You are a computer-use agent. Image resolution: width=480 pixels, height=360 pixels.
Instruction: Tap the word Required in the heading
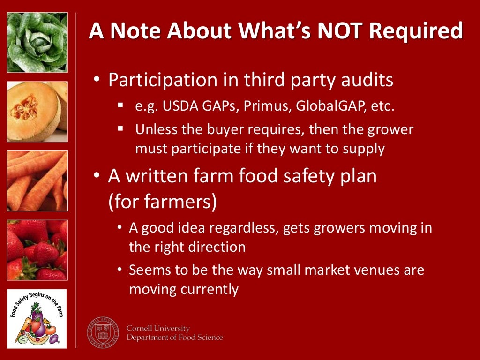tap(415, 31)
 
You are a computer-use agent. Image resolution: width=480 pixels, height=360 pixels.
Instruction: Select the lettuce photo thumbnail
tap(37, 43)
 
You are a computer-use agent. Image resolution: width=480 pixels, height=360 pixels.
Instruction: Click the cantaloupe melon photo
tap(37, 112)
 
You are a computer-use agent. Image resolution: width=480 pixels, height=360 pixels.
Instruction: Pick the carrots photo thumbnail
tap(37, 181)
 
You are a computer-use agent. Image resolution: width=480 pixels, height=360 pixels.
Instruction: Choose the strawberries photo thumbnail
tap(37, 250)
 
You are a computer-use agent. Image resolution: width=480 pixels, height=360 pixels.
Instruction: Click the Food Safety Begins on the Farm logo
tap(37, 319)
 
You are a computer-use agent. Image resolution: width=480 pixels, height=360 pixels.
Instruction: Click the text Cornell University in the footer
tap(158, 329)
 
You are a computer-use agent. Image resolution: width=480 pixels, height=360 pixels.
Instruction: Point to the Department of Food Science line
tap(174, 337)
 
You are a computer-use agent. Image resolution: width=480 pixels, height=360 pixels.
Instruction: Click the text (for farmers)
tap(163, 202)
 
